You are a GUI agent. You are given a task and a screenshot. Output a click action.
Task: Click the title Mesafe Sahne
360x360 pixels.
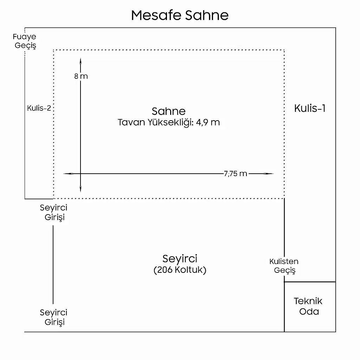[x=180, y=15]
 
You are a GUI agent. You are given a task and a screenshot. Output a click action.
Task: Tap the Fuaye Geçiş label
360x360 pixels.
[x=25, y=41]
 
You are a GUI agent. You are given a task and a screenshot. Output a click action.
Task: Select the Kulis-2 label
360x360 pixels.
[x=39, y=108]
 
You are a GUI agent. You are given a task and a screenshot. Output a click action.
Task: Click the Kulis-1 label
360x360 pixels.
[x=310, y=108]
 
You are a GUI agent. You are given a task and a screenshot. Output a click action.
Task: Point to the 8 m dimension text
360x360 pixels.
[x=81, y=76]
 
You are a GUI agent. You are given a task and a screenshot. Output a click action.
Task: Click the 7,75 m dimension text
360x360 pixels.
[x=235, y=174]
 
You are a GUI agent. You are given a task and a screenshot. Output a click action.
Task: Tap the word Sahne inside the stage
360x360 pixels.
[x=168, y=111]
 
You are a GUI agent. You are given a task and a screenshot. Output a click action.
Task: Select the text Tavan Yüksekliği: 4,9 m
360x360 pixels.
[x=168, y=122]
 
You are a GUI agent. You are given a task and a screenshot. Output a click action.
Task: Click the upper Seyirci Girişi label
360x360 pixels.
[x=54, y=212]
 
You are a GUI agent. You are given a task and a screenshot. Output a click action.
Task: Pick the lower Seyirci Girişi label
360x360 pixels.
[x=54, y=317]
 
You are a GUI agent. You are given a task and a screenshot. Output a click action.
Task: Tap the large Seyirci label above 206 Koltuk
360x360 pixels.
[x=180, y=259]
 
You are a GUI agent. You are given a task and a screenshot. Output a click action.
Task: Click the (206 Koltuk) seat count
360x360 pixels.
[x=180, y=270]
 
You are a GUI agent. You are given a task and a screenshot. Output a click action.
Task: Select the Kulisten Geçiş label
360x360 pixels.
[x=284, y=266]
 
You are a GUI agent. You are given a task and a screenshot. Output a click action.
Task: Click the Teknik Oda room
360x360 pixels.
[x=308, y=306]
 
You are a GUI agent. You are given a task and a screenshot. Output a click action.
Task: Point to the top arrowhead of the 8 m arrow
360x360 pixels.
[x=81, y=60]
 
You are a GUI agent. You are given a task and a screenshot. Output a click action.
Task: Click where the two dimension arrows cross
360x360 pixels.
[x=81, y=174]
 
